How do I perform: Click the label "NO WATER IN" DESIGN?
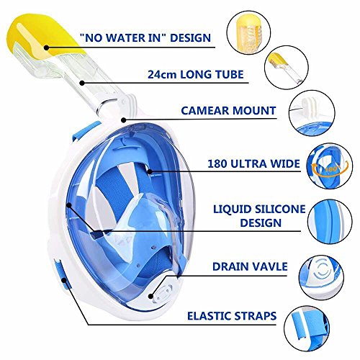pyautogui.click(x=145, y=38)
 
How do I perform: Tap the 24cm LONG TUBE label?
pyautogui.click(x=195, y=74)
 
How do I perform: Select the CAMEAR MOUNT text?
pyautogui.click(x=228, y=111)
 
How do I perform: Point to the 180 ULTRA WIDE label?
pyautogui.click(x=253, y=163)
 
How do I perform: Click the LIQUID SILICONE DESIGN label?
pyautogui.click(x=259, y=216)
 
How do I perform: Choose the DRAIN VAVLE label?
pyautogui.click(x=250, y=266)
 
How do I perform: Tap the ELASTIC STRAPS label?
pyautogui.click(x=232, y=316)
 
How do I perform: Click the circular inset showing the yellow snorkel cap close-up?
pyautogui.click(x=248, y=33)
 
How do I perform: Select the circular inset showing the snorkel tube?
pyautogui.click(x=287, y=68)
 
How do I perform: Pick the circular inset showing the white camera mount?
pyautogui.click(x=312, y=113)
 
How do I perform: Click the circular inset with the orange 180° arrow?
pyautogui.click(x=330, y=166)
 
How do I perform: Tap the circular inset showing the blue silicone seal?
pyautogui.click(x=330, y=222)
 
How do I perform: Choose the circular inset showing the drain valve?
pyautogui.click(x=321, y=277)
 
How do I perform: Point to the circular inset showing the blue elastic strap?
pyautogui.click(x=307, y=328)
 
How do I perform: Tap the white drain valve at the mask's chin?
pyautogui.click(x=163, y=292)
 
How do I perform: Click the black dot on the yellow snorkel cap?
pyautogui.click(x=47, y=48)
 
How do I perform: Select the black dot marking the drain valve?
pyautogui.click(x=150, y=297)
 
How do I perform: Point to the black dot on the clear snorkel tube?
pyautogui.click(x=82, y=83)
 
